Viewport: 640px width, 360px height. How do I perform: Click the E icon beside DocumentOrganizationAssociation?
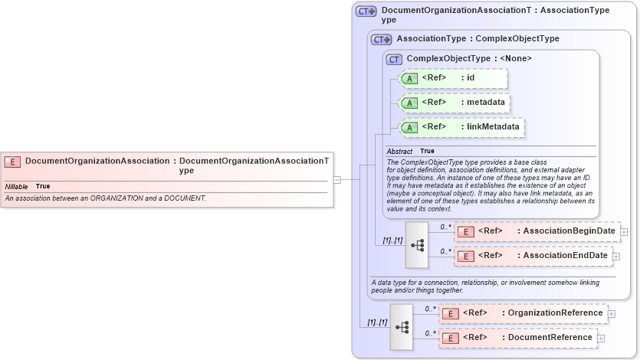12,162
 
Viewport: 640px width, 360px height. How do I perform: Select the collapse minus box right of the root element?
336,179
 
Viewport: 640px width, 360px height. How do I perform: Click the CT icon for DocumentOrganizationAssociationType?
366,11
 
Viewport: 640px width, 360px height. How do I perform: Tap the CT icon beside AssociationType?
381,39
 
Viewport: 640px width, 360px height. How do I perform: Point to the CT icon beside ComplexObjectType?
394,59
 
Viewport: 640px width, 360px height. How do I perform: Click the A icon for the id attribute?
409,78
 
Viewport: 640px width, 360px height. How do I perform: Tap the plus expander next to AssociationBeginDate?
624,231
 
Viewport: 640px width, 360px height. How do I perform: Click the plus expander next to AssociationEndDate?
616,256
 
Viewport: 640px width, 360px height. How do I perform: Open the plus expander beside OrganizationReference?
611,313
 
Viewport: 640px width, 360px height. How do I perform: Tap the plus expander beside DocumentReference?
601,338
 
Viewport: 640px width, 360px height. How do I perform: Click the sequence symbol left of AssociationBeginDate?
417,244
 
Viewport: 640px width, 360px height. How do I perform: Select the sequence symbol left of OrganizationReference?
402,326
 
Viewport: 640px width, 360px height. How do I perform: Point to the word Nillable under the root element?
17,187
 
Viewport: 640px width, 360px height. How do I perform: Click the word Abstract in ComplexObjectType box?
399,152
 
